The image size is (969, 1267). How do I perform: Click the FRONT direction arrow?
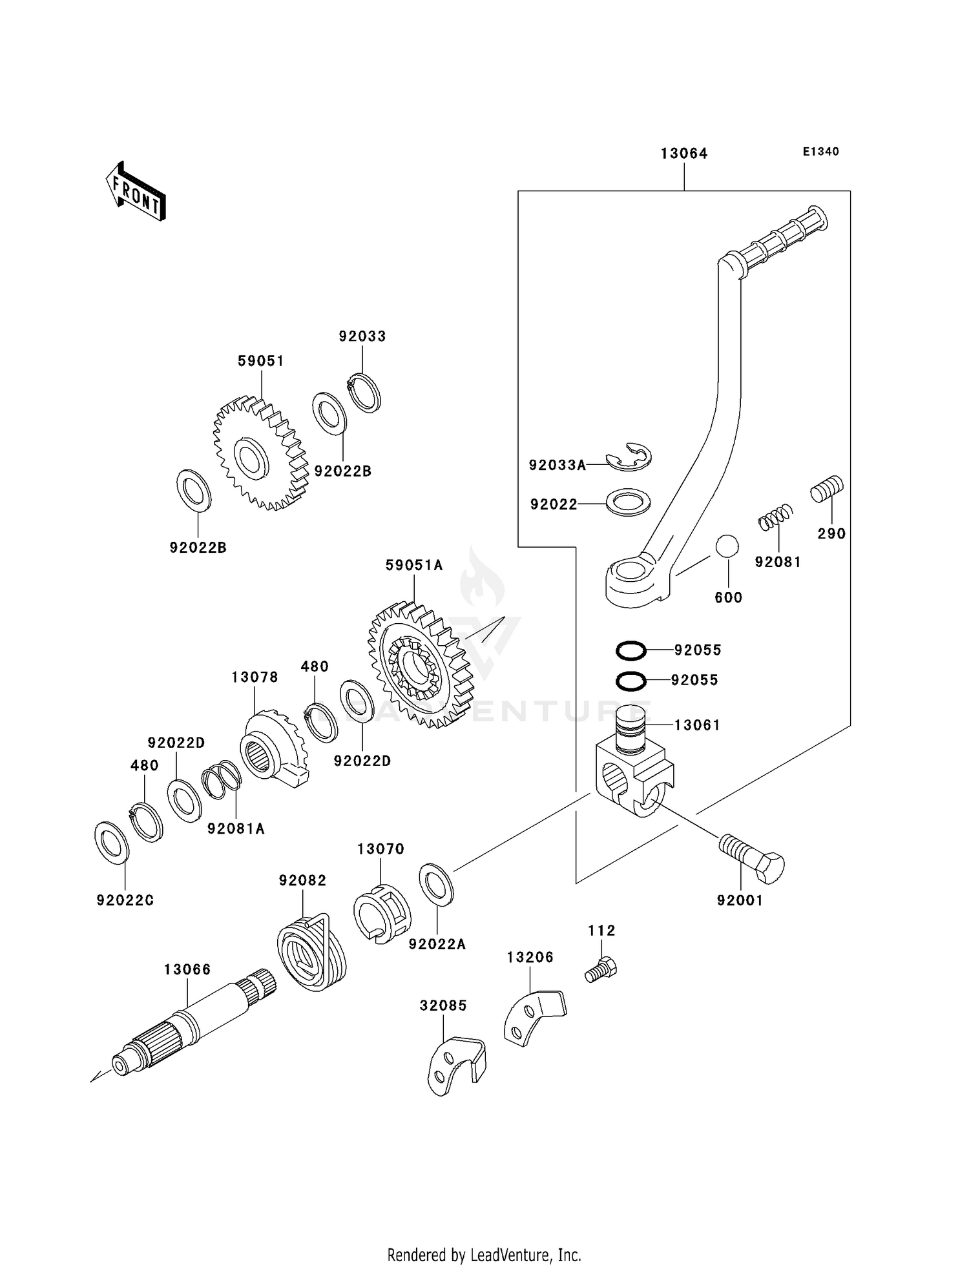136,191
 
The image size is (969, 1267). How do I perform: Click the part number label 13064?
683,154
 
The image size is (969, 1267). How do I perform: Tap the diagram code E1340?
820,152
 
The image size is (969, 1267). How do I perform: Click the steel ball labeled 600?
727,546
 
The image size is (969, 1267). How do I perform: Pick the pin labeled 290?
827,488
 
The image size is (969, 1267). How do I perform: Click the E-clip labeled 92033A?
629,457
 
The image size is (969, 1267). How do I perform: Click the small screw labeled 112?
601,970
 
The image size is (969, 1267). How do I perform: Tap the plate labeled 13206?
533,1016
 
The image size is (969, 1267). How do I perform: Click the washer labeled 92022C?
112,843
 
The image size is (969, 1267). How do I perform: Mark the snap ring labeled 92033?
364,393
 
